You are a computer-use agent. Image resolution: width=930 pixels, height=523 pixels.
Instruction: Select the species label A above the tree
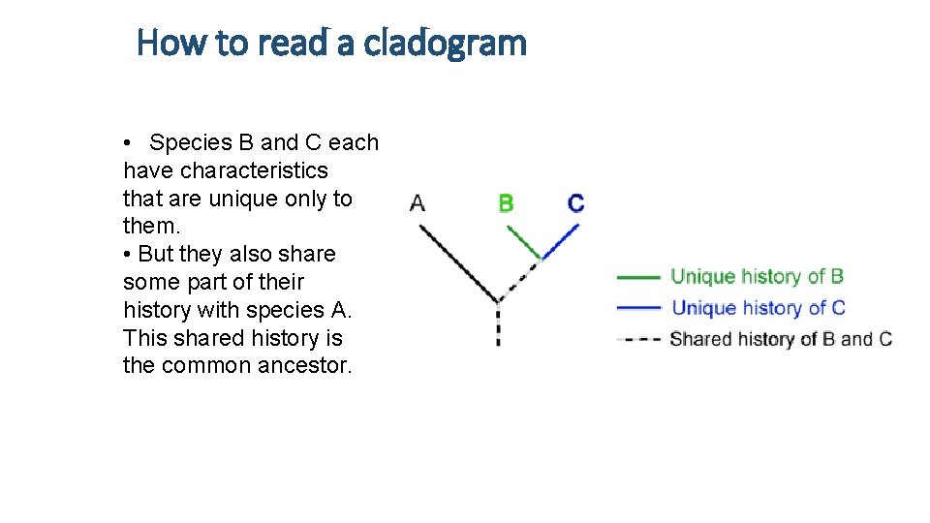pos(418,203)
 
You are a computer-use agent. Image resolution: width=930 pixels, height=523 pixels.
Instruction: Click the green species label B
pos(506,203)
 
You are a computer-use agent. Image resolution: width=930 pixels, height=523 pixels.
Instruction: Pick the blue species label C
pos(575,203)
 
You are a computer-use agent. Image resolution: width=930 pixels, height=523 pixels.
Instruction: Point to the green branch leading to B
pos(522,240)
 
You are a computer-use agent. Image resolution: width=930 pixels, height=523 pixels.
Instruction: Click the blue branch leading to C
pos(562,240)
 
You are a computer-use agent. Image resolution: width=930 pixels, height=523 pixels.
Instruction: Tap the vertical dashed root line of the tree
pos(498,324)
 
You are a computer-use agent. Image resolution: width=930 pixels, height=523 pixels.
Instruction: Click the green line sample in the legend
pos(638,277)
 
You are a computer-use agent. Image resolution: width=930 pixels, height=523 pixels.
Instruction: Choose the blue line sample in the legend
pos(638,308)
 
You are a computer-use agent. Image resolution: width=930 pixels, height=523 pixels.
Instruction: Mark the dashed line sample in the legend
pos(638,339)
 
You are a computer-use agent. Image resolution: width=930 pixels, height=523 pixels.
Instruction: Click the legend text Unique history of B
pos(757,277)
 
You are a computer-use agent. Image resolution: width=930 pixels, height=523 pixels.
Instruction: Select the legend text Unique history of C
pos(758,308)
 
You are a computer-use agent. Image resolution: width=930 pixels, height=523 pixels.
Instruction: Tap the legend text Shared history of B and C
pos(780,339)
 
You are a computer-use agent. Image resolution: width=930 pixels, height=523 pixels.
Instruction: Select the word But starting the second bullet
pos(156,255)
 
